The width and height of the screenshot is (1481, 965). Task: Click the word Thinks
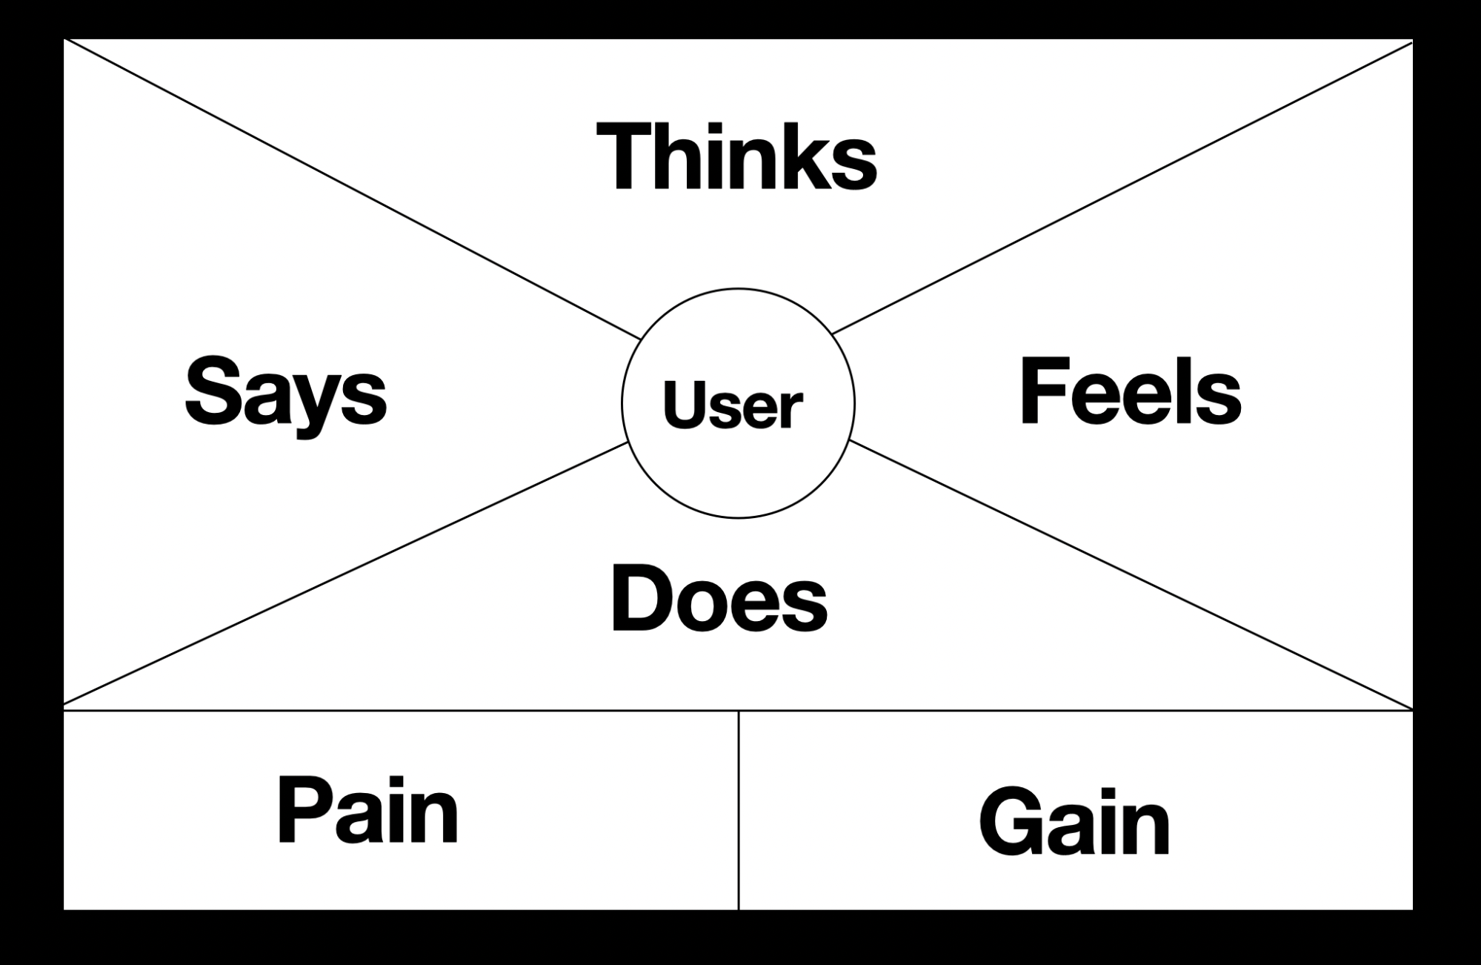point(736,157)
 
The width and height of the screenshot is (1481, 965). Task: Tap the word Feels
point(1130,391)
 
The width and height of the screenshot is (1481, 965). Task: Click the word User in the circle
point(732,405)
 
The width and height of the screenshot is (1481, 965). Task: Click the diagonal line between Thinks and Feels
point(1111,192)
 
